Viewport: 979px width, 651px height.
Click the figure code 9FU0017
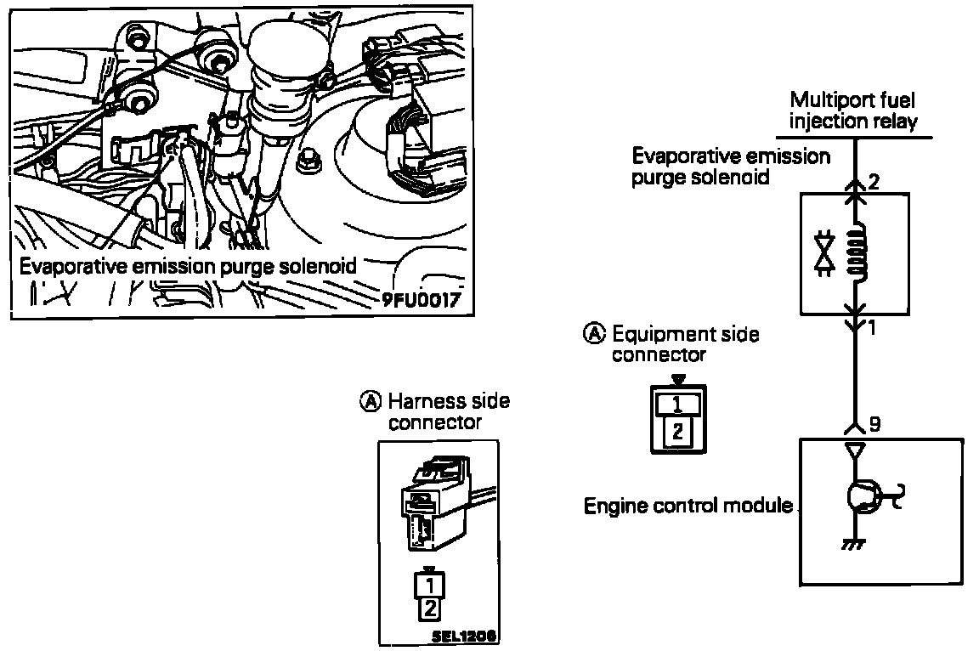pos(422,300)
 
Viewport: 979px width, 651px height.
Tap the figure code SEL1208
pos(464,636)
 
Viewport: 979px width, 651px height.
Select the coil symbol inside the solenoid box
pos(857,252)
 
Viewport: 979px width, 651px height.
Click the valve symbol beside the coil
pos(825,252)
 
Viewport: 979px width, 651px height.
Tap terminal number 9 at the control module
pos(874,424)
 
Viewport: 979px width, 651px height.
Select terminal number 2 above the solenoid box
pos(874,182)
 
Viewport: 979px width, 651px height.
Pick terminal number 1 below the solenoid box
pos(872,327)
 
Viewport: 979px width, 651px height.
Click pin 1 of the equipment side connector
pos(678,405)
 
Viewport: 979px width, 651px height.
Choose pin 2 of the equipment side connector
pos(678,431)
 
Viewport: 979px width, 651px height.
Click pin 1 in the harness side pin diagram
pos(429,586)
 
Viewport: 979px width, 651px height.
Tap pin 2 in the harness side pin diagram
pos(429,609)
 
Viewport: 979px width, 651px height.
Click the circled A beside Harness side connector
pos(371,401)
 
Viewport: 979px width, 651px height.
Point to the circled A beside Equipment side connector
pos(594,334)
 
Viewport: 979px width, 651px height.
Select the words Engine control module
pos(688,506)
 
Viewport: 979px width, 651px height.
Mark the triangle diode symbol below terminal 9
pos(855,450)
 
